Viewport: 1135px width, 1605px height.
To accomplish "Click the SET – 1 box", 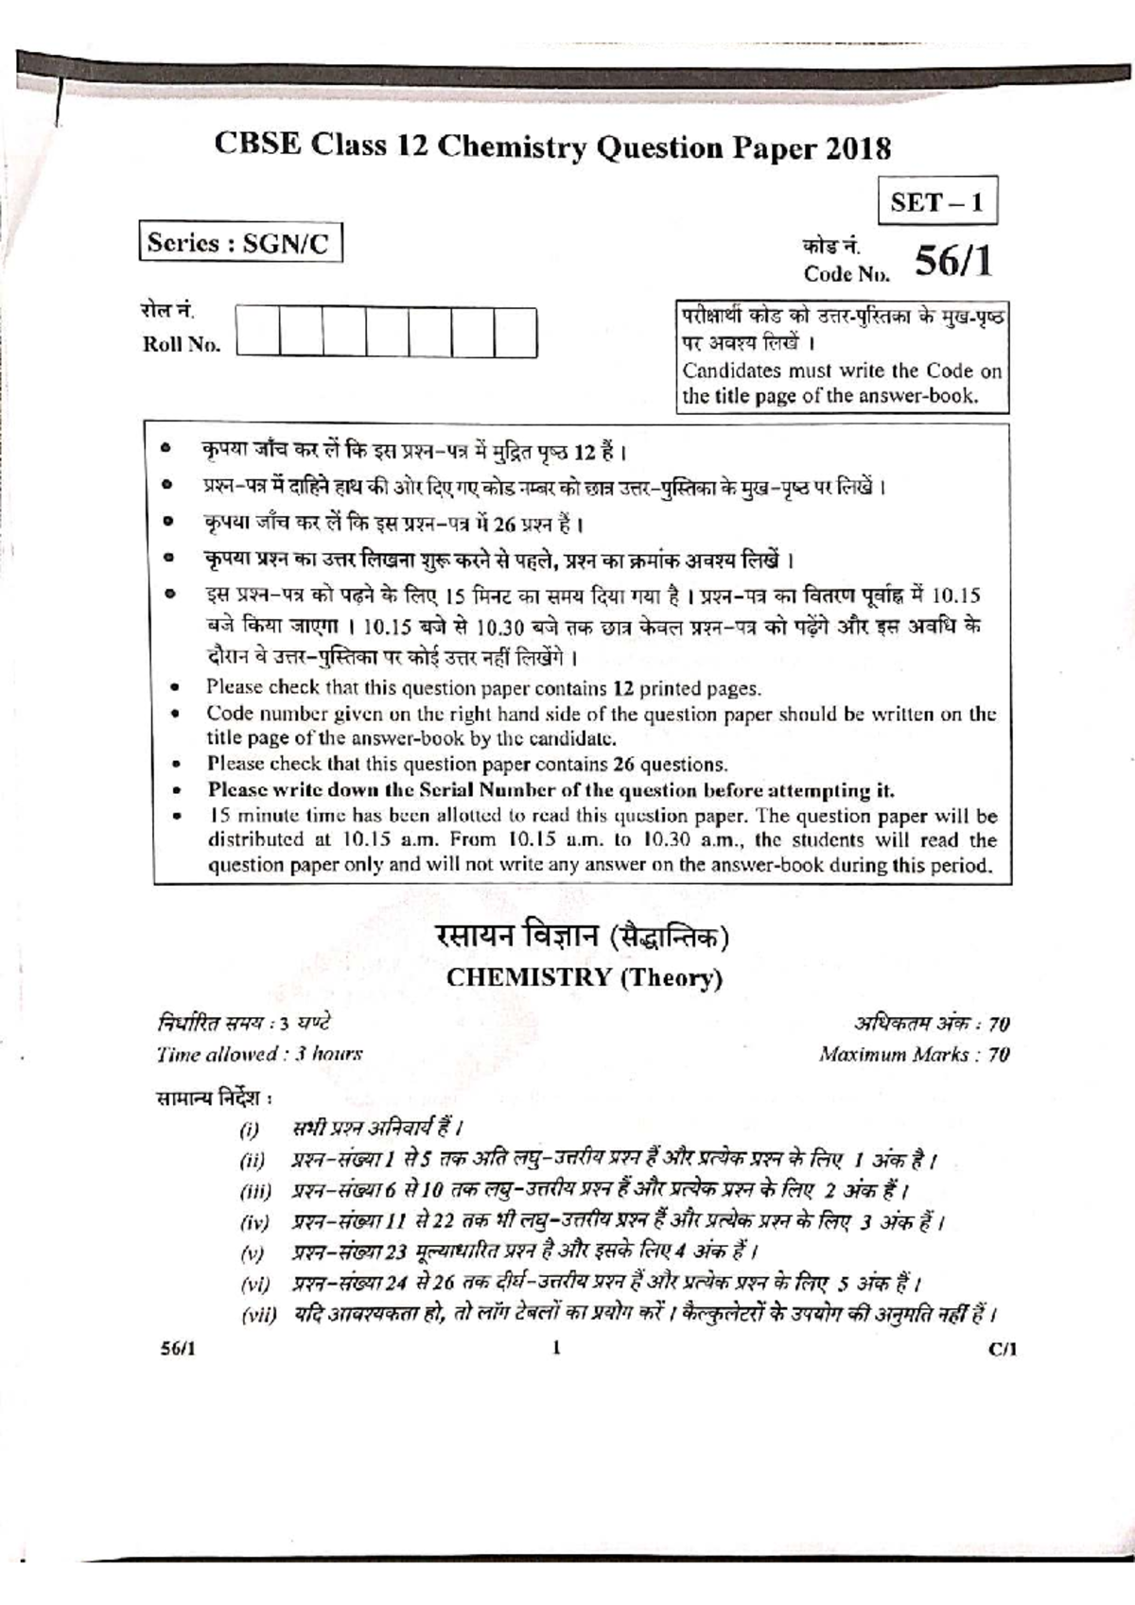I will pos(937,201).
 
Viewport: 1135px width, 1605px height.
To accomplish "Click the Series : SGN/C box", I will pos(238,243).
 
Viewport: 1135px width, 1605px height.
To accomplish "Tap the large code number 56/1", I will pos(952,262).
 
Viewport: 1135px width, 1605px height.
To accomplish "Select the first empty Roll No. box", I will pos(258,332).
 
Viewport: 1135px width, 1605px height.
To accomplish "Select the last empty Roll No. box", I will pos(515,332).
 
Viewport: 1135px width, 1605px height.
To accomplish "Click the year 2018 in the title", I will pos(858,148).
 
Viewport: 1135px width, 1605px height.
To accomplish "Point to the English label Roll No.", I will pos(181,344).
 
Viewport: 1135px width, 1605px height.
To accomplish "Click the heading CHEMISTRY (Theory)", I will pos(584,977).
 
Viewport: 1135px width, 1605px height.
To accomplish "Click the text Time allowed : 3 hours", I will pos(259,1053).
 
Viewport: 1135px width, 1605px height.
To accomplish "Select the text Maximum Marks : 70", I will pos(914,1054).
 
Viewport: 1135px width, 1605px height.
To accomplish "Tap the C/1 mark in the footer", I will pos(1002,1349).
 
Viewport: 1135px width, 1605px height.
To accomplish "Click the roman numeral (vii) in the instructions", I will pos(257,1315).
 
